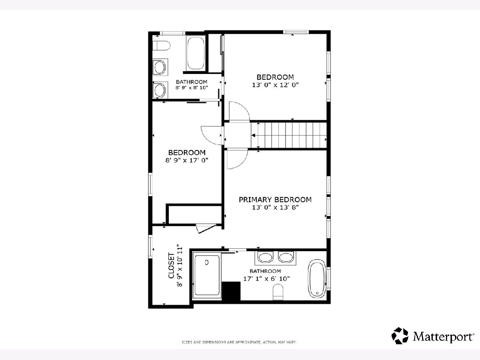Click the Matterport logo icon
pyautogui.click(x=400, y=336)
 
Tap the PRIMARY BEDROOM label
pyautogui.click(x=275, y=200)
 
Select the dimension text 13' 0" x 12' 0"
pyautogui.click(x=275, y=85)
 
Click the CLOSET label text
pyautogui.click(x=171, y=266)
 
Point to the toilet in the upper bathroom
pyautogui.click(x=161, y=46)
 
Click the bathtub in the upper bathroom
pyautogui.click(x=196, y=53)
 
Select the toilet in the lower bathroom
pyautogui.click(x=278, y=292)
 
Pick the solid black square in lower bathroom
pyautogui.click(x=231, y=291)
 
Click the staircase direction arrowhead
pyautogui.click(x=253, y=136)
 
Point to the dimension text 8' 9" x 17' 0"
pyautogui.click(x=187, y=160)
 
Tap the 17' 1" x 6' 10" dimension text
pyautogui.click(x=266, y=278)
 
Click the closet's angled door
pyautogui.click(x=206, y=229)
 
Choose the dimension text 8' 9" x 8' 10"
pyautogui.click(x=192, y=88)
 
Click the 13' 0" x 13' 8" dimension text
pyautogui.click(x=275, y=207)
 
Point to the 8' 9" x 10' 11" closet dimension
pyautogui.click(x=180, y=266)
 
